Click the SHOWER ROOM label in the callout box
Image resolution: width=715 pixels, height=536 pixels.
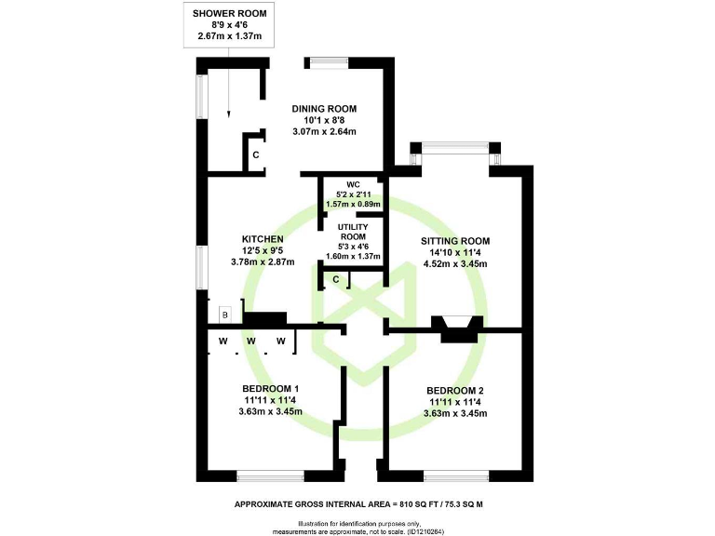(228, 12)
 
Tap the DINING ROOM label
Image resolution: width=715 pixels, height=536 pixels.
(324, 109)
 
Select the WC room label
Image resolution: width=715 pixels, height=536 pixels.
(352, 184)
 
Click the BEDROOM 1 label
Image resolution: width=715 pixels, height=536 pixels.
(270, 388)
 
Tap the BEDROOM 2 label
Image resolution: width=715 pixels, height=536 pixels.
(454, 390)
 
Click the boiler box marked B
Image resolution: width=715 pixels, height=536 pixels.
(223, 315)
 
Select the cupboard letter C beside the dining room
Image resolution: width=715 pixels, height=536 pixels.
(256, 154)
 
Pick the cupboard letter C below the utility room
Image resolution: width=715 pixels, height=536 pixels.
(335, 279)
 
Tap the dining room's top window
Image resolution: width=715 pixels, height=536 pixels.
(329, 62)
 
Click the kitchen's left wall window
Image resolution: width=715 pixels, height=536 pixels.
(200, 269)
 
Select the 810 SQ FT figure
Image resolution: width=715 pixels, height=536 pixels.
(413, 504)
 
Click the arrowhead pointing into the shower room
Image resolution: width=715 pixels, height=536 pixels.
(229, 115)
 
